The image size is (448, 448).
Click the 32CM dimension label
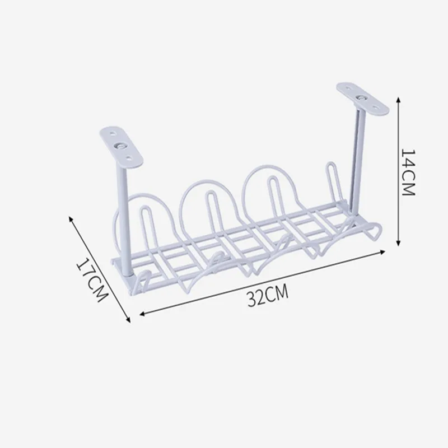(x=268, y=295)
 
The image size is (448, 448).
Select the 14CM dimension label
(x=408, y=172)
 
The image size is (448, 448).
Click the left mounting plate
(x=121, y=147)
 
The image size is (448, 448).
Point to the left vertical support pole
(x=124, y=222)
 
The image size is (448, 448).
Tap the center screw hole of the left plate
(x=120, y=146)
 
